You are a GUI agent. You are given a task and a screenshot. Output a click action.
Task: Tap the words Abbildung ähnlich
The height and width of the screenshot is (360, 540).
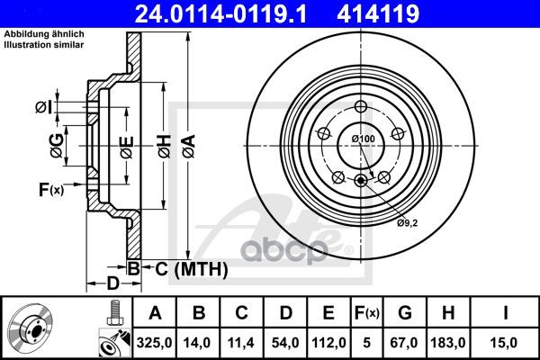click(44, 33)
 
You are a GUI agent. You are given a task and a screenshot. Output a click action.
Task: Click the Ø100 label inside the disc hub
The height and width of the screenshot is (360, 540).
click(363, 138)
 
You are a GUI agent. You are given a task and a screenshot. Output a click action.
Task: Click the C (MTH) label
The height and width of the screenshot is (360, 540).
click(178, 267)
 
